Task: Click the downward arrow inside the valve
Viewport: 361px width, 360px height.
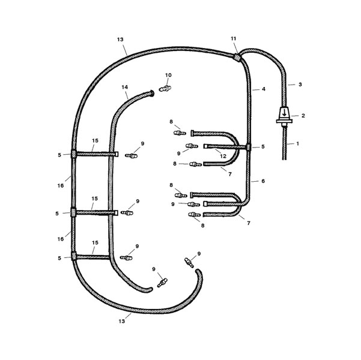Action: coord(285,113)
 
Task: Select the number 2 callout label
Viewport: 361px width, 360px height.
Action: coord(303,116)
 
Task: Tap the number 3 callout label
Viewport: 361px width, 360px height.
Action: coord(300,85)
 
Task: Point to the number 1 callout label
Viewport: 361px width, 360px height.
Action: coord(298,144)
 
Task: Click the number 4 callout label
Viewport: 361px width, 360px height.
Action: coord(264,89)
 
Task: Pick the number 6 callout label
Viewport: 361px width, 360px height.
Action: coord(263,181)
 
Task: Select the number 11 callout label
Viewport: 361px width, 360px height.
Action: coord(234,38)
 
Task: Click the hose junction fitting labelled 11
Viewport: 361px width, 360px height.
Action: coord(237,57)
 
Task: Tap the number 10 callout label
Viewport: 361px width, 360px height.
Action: coord(168,75)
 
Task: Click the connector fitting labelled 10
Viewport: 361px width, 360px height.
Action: coord(165,89)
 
